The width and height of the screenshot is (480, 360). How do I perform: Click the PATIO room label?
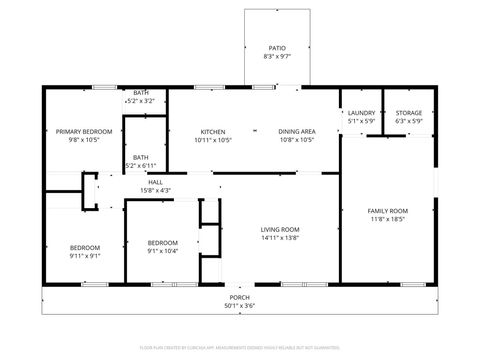coord(277,47)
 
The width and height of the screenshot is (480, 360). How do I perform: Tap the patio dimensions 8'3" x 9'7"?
coord(277,57)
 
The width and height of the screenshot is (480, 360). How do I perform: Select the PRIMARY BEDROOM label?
coord(83,131)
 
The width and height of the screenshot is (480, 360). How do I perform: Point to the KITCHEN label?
coord(212,131)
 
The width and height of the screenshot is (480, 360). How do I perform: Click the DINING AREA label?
coord(296,131)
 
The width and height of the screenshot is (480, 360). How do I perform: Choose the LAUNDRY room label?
coord(361,113)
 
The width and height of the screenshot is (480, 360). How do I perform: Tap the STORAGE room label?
coord(408,113)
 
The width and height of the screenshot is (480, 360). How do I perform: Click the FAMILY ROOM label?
coord(389,210)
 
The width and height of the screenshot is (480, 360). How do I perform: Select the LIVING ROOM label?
coord(280,229)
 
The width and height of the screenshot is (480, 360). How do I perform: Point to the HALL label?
coord(155,181)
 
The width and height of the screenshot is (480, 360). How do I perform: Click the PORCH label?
coord(240,297)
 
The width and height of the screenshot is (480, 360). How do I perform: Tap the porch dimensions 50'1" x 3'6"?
coord(240,306)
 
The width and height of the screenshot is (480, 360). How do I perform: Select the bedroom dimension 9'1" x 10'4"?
coord(162,251)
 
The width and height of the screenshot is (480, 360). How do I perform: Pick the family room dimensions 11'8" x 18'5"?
coord(389,219)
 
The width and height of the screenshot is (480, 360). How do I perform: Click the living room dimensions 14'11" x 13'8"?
coord(280,238)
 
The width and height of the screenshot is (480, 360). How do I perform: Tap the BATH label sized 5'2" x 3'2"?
coord(141,92)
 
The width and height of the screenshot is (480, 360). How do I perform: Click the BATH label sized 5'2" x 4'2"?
coord(141,157)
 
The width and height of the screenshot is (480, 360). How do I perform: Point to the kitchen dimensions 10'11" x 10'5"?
coord(212,140)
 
